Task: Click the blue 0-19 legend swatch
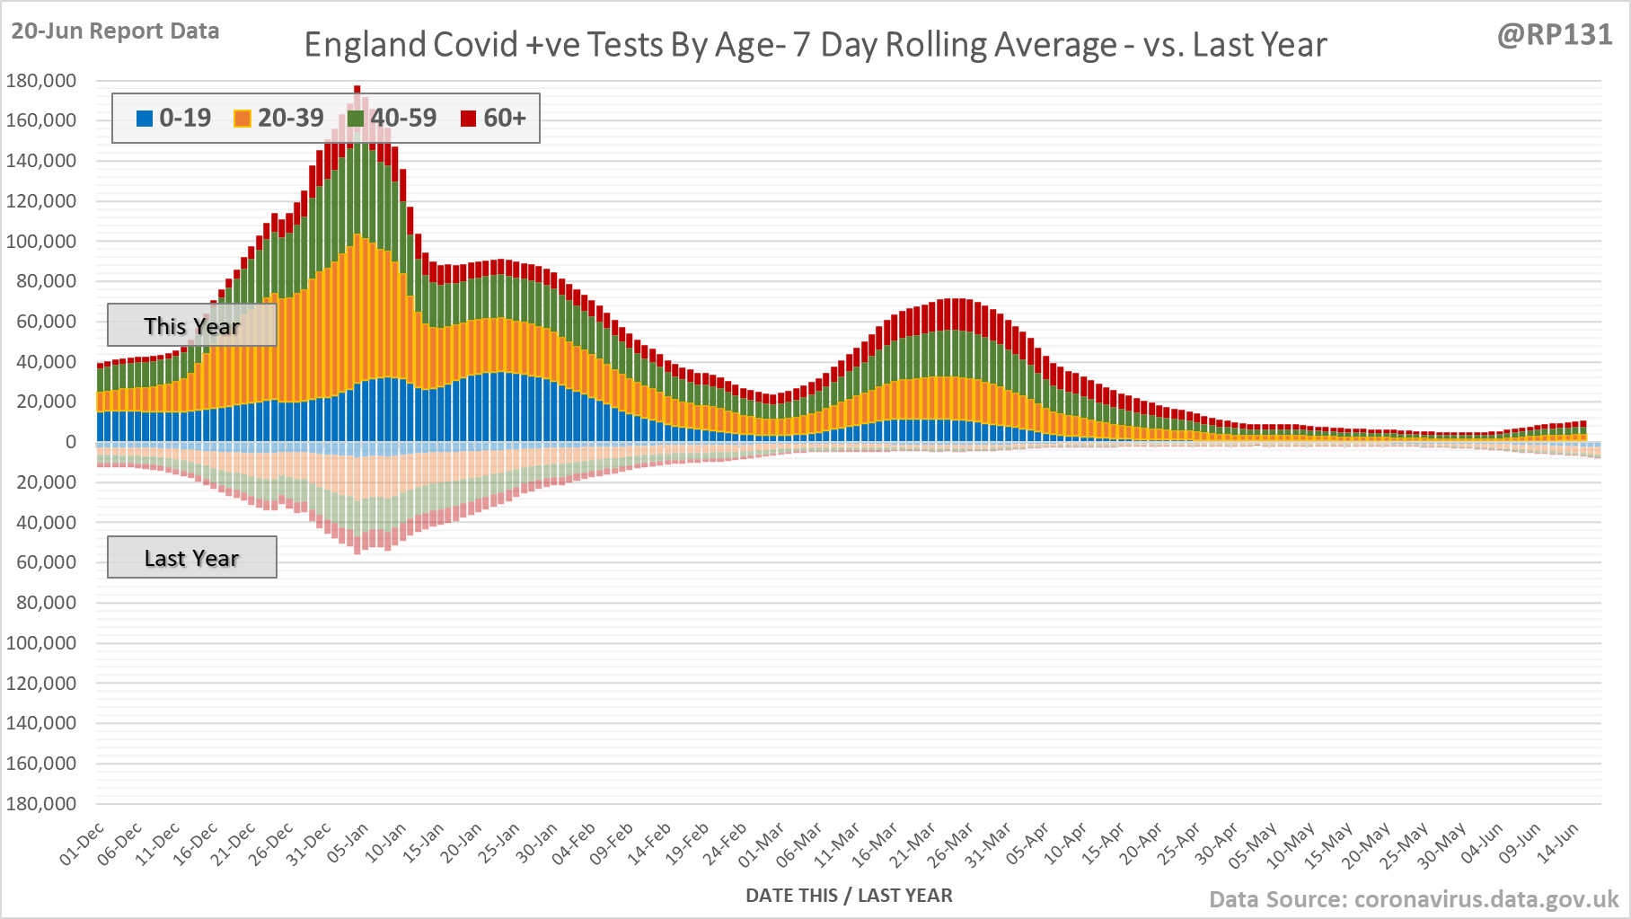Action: pyautogui.click(x=145, y=119)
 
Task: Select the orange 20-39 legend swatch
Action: pyautogui.click(x=242, y=119)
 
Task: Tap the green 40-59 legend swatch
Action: pyautogui.click(x=356, y=119)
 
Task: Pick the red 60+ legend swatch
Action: pyautogui.click(x=468, y=119)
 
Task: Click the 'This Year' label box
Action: pyautogui.click(x=191, y=325)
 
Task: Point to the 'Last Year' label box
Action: pyautogui.click(x=191, y=558)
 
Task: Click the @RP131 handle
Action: pyautogui.click(x=1555, y=34)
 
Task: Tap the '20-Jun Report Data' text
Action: pyautogui.click(x=115, y=31)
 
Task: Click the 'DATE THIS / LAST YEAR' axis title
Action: pyautogui.click(x=849, y=895)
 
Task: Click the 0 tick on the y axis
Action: pyautogui.click(x=71, y=442)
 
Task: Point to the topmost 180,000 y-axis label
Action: pyautogui.click(x=41, y=81)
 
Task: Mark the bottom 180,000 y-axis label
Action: pyautogui.click(x=41, y=803)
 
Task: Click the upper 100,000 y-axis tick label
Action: pyautogui.click(x=41, y=241)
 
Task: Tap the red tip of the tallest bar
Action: pyautogui.click(x=357, y=89)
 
